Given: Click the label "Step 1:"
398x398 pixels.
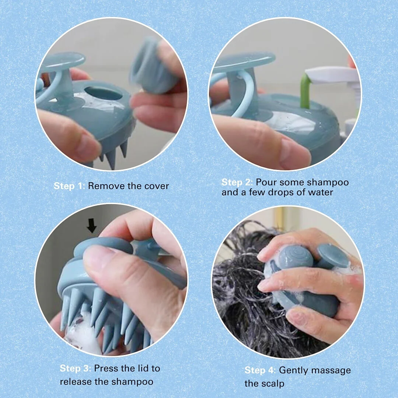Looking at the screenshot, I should [x=69, y=186].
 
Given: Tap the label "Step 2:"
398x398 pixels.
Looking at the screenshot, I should [x=237, y=182].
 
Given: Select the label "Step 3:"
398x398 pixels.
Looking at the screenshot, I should [x=76, y=368].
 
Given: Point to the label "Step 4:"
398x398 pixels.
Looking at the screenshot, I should [x=260, y=370].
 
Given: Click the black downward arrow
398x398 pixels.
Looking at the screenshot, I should [x=91, y=225].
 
